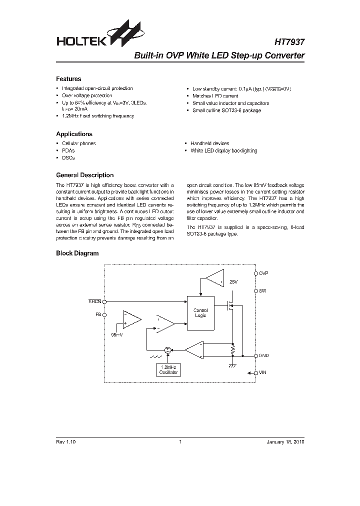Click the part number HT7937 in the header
pos(289,42)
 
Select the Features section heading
pos(68,79)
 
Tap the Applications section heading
pos(74,134)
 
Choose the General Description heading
pos(84,175)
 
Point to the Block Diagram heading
pos(77,253)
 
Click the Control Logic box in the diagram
pos(200,313)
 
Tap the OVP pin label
pos(263,273)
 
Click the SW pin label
pos(262,290)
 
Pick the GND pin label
pos(263,355)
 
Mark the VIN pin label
pos(263,373)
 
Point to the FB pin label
pos(98,315)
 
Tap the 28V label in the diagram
pos(233,282)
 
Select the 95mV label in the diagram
pos(116,334)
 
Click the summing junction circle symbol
pos(168,350)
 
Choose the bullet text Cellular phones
pos(79,143)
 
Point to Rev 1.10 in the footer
pos(65,442)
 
